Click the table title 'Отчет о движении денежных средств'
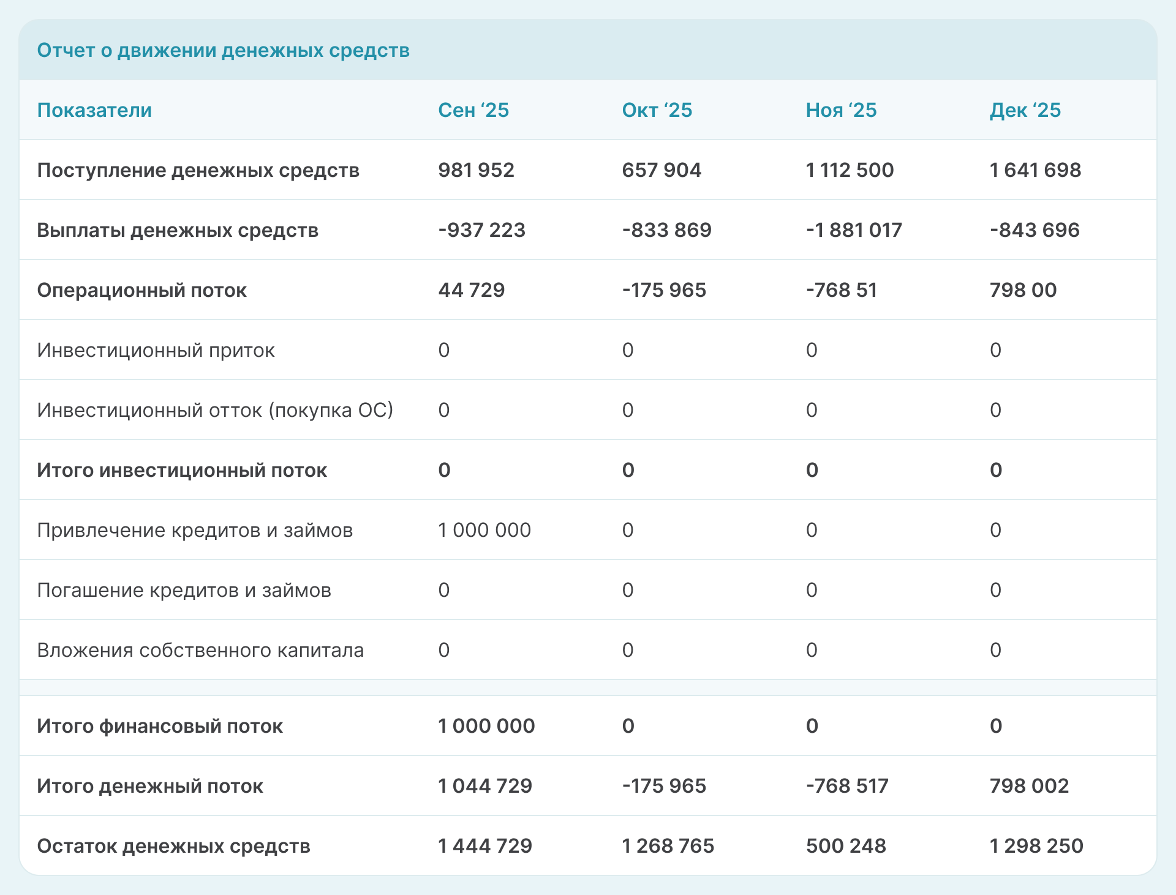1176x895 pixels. (223, 50)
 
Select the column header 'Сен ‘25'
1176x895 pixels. (473, 110)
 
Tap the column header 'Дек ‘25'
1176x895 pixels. (1025, 110)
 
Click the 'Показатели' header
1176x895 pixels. (94, 110)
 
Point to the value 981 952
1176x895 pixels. (476, 170)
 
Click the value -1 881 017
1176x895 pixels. (853, 230)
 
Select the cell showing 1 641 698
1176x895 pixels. (1035, 170)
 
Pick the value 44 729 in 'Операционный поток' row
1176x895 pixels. (471, 290)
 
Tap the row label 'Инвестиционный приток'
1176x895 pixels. (156, 350)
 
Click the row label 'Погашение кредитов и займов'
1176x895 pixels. (184, 590)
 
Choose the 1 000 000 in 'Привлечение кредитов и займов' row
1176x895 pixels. (484, 530)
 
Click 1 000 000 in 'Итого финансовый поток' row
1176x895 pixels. (486, 726)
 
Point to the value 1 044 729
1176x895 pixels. (484, 786)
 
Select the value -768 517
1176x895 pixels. (846, 786)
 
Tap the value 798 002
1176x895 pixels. (1029, 786)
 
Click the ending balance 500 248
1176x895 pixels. (845, 846)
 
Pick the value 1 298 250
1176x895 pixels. (1036, 846)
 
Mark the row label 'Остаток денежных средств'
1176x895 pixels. (173, 846)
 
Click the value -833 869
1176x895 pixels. (666, 230)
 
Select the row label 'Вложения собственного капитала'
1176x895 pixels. (200, 650)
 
